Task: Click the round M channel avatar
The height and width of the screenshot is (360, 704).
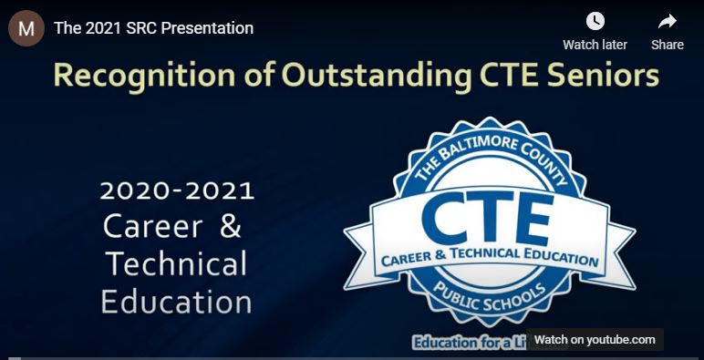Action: tap(26, 28)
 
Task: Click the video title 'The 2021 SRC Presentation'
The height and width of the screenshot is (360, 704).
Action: tap(153, 28)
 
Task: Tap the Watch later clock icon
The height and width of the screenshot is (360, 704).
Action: tap(595, 22)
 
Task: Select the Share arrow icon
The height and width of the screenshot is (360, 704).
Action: tap(667, 22)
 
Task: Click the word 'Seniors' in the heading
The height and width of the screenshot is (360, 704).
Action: tap(602, 77)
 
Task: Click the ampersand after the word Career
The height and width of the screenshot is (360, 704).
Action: tap(231, 226)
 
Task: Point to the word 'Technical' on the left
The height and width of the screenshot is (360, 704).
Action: tap(177, 263)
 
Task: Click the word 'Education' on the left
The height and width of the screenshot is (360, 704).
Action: tap(177, 301)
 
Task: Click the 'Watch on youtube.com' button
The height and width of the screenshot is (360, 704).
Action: tap(595, 340)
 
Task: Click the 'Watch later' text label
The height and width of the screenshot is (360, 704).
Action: tap(595, 45)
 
